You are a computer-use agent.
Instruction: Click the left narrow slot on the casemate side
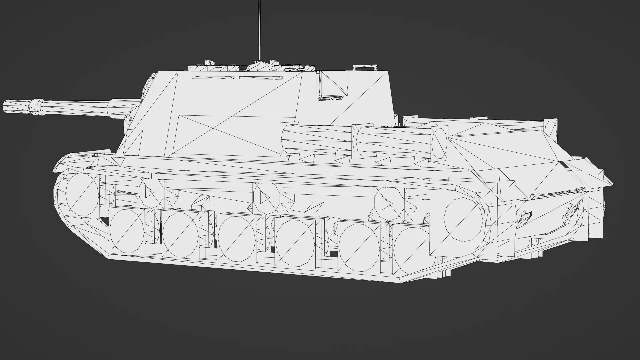213,78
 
